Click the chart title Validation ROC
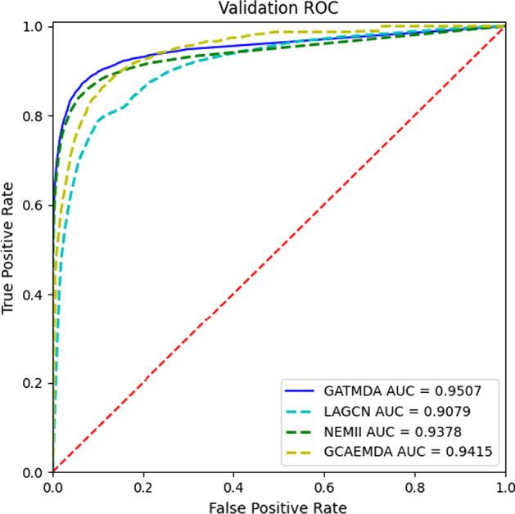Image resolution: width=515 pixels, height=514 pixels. pyautogui.click(x=278, y=8)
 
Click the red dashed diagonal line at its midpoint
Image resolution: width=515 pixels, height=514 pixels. pyautogui.click(x=278, y=250)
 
